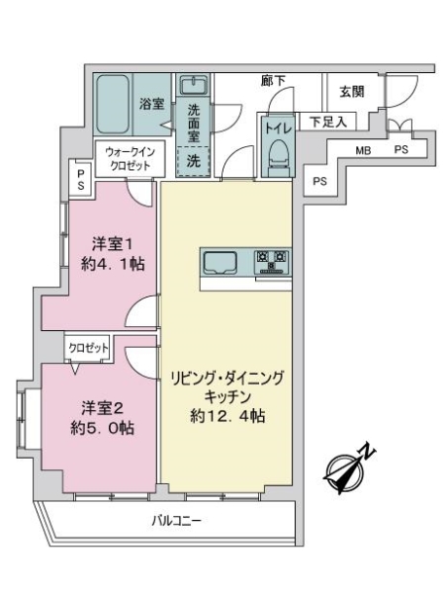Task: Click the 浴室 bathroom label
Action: coord(151,102)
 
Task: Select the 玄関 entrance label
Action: coord(352,93)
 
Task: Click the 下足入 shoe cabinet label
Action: coord(327,123)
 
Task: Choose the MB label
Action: coord(364,150)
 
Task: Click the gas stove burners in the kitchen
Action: coord(272,262)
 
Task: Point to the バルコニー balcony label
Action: coord(178,521)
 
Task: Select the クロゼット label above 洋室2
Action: coord(88,349)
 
